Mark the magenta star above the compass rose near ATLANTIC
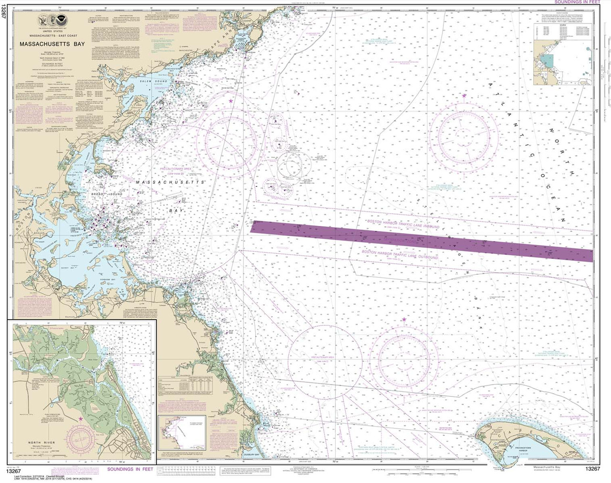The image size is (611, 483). click(x=464, y=97)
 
